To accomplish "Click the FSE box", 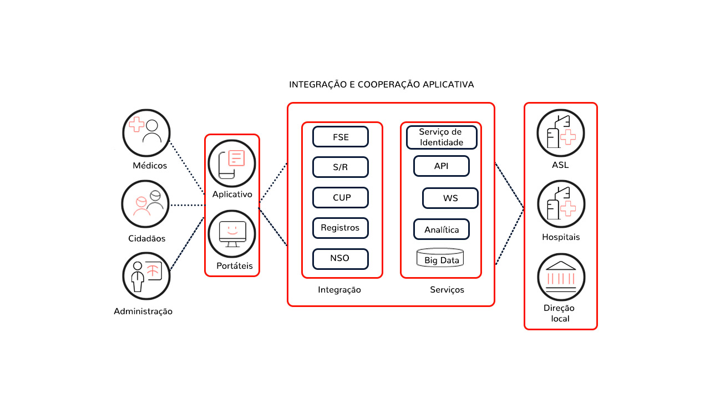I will pos(341,137).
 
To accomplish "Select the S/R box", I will pos(341,167).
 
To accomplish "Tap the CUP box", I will pos(341,197).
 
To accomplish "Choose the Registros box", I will pos(341,228).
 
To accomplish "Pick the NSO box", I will pos(341,258).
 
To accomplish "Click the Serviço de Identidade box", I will pos(442,137).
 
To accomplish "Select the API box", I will pos(442,166).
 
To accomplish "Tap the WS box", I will pos(450,198).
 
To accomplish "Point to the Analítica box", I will pos(442,229).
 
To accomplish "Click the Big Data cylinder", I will pos(440,258).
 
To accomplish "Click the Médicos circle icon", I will pos(146,132).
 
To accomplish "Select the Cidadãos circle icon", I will pos(145,204).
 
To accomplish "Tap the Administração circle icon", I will pos(146,276).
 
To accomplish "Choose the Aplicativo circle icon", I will pos(231,163).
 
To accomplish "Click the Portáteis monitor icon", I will pos(231,233).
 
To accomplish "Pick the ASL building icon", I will pos(561,133).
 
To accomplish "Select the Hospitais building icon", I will pos(561,205).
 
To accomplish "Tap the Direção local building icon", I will pos(561,277).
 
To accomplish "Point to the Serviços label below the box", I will pos(447,290).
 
